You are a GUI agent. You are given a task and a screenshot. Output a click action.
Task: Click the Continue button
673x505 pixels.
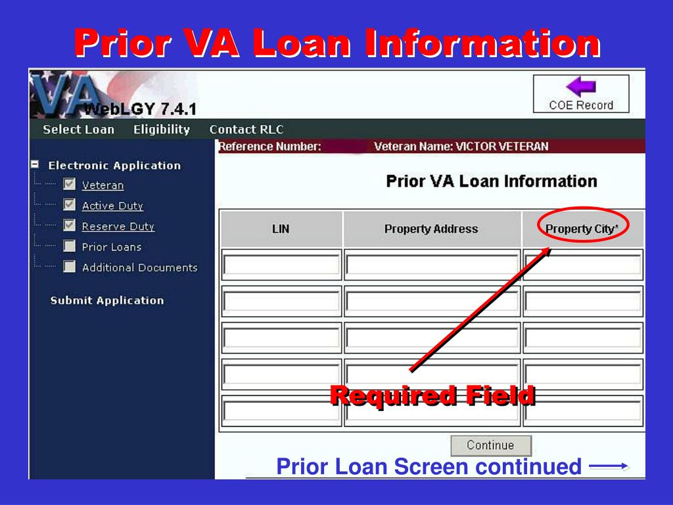490,445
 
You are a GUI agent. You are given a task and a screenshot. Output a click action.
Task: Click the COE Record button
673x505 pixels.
580,105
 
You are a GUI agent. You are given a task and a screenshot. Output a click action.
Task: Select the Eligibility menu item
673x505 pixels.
161,130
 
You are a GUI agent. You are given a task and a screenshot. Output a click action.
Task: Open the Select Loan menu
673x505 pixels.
78,130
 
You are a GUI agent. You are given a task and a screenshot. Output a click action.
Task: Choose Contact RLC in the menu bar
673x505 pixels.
246,130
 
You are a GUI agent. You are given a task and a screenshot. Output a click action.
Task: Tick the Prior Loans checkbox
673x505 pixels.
69,247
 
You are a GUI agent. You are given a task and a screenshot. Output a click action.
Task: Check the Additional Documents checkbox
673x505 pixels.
69,267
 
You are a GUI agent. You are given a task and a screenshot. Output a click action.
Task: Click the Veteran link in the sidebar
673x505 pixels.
103,185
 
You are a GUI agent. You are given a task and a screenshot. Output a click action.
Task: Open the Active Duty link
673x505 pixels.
112,206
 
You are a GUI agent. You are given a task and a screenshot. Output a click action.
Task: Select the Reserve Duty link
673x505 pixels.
118,226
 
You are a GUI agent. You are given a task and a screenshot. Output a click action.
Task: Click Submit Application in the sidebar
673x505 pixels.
107,301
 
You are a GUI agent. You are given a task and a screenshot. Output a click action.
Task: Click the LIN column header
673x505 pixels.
281,229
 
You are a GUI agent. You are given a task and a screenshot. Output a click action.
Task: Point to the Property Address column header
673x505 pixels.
431,229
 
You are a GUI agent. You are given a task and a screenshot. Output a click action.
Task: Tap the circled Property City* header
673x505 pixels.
582,229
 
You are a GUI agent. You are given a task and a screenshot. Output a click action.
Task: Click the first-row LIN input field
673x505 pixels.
281,265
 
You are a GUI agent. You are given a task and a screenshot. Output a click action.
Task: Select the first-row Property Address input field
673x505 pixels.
431,265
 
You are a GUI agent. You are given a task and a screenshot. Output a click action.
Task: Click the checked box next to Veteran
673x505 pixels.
69,185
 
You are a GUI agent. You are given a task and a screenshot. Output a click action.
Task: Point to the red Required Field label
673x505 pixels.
432,396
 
